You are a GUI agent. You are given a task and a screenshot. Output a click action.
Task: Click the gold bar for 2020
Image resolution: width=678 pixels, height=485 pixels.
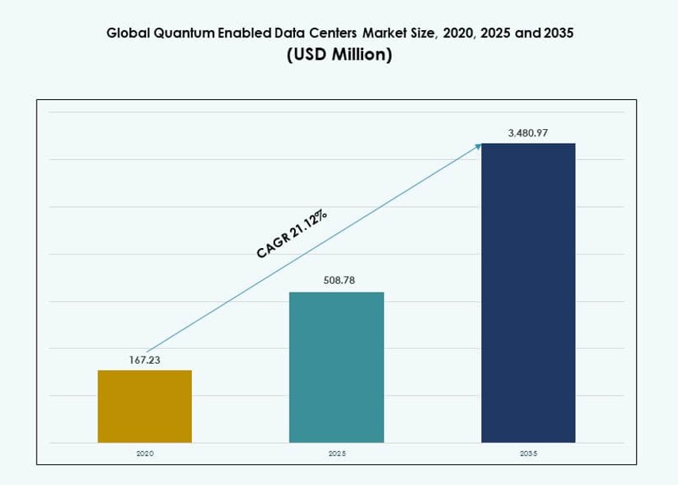point(144,406)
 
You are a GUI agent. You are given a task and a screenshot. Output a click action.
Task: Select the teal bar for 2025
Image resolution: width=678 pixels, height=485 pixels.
point(336,367)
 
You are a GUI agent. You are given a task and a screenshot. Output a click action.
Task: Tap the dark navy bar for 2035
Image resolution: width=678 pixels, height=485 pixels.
point(528,292)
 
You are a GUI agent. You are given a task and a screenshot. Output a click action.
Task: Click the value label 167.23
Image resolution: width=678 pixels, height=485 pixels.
point(144,360)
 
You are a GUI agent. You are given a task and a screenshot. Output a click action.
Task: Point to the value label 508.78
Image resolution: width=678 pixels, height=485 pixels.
point(336,281)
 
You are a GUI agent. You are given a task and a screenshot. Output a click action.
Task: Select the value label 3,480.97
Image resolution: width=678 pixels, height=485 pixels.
point(528,132)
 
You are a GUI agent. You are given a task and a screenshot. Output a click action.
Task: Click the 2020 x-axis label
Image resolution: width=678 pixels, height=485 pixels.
point(144,453)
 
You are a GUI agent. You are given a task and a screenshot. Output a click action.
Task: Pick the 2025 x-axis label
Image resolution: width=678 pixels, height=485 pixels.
point(336,453)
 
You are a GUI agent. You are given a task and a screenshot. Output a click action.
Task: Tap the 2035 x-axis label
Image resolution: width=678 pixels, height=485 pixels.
point(528,453)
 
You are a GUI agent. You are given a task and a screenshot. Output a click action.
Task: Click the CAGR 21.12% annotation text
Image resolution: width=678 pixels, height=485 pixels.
point(292,233)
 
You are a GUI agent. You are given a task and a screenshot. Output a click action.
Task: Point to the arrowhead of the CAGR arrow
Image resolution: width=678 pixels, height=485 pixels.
point(478,145)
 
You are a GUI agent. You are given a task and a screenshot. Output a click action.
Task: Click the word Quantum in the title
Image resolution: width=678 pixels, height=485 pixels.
point(181,34)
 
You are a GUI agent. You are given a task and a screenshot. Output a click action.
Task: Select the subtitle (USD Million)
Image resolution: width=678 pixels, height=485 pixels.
point(339,55)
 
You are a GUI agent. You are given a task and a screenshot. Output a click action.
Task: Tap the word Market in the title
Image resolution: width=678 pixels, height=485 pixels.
point(389,34)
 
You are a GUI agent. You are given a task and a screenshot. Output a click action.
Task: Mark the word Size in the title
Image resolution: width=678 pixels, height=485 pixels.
point(429,34)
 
